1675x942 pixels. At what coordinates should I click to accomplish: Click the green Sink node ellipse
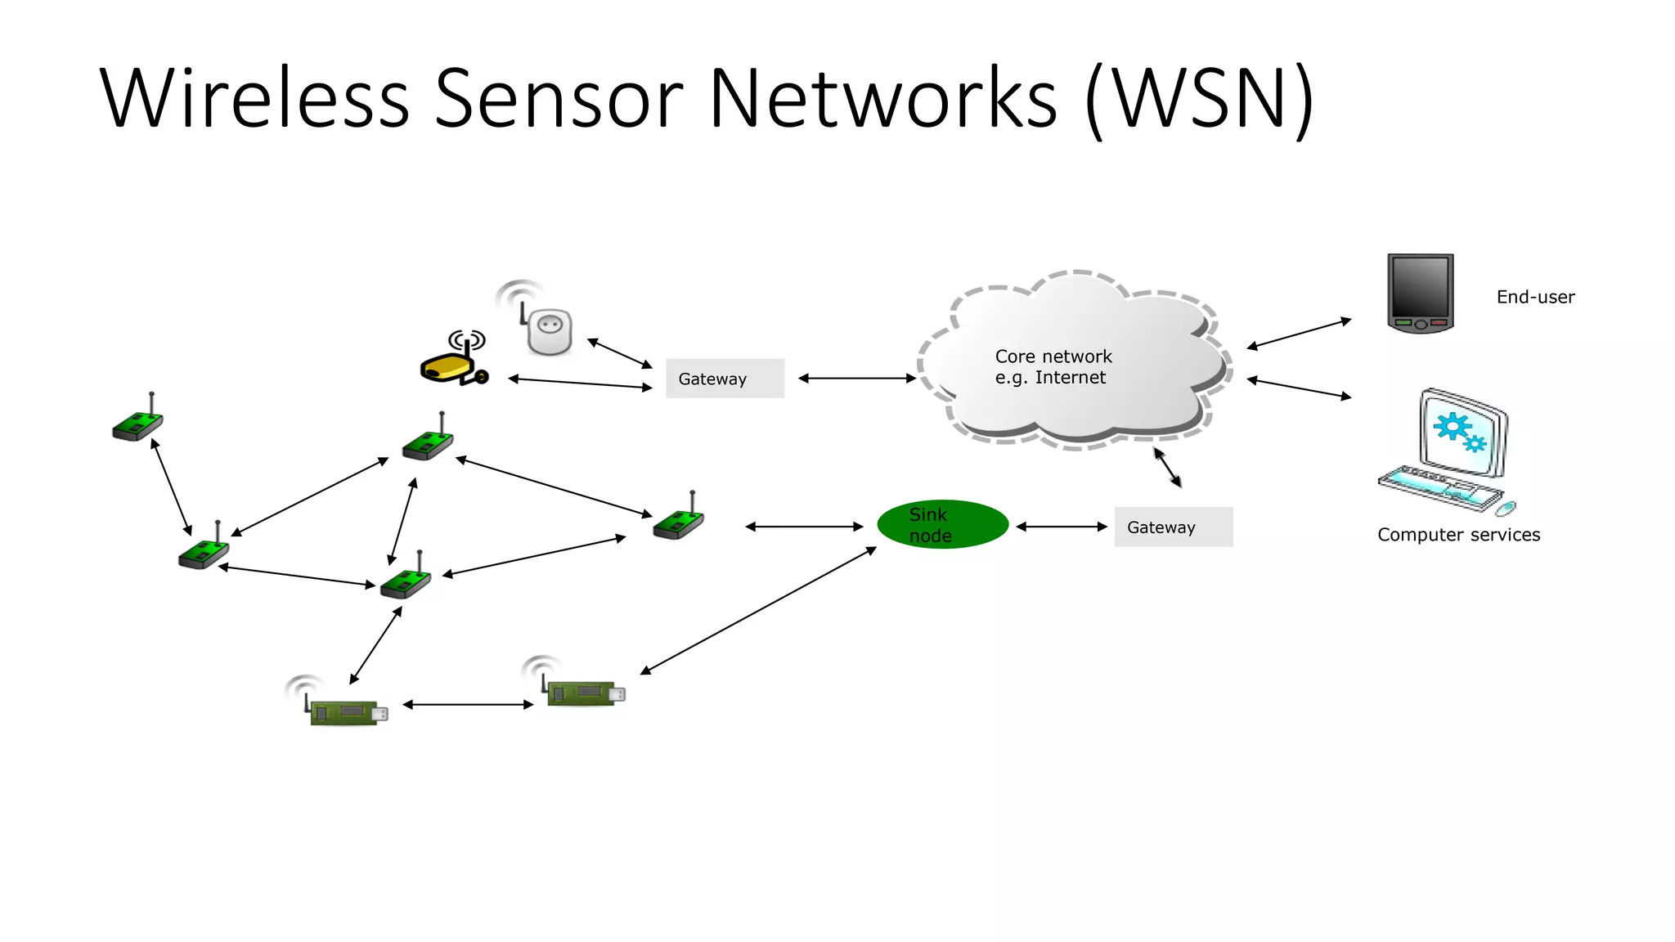(942, 524)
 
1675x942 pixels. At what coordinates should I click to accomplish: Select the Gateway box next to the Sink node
(1173, 527)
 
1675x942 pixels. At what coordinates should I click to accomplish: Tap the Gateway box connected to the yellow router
(725, 379)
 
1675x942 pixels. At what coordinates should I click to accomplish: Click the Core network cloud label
(1053, 367)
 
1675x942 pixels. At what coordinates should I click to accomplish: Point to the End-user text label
(1535, 297)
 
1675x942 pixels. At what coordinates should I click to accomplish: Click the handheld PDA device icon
(1421, 292)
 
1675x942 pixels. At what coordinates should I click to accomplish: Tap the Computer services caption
(1458, 535)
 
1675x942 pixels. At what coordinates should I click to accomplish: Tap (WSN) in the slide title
(1199, 100)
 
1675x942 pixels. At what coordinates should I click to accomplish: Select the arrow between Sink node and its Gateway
(1062, 527)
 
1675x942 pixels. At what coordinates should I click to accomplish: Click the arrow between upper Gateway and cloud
(856, 378)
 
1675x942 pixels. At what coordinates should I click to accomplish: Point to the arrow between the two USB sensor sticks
(468, 704)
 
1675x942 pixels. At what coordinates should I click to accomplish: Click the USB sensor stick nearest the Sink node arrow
(584, 692)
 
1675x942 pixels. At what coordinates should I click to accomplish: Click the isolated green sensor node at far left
(137, 424)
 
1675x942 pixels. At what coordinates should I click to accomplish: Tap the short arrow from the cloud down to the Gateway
(1167, 468)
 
